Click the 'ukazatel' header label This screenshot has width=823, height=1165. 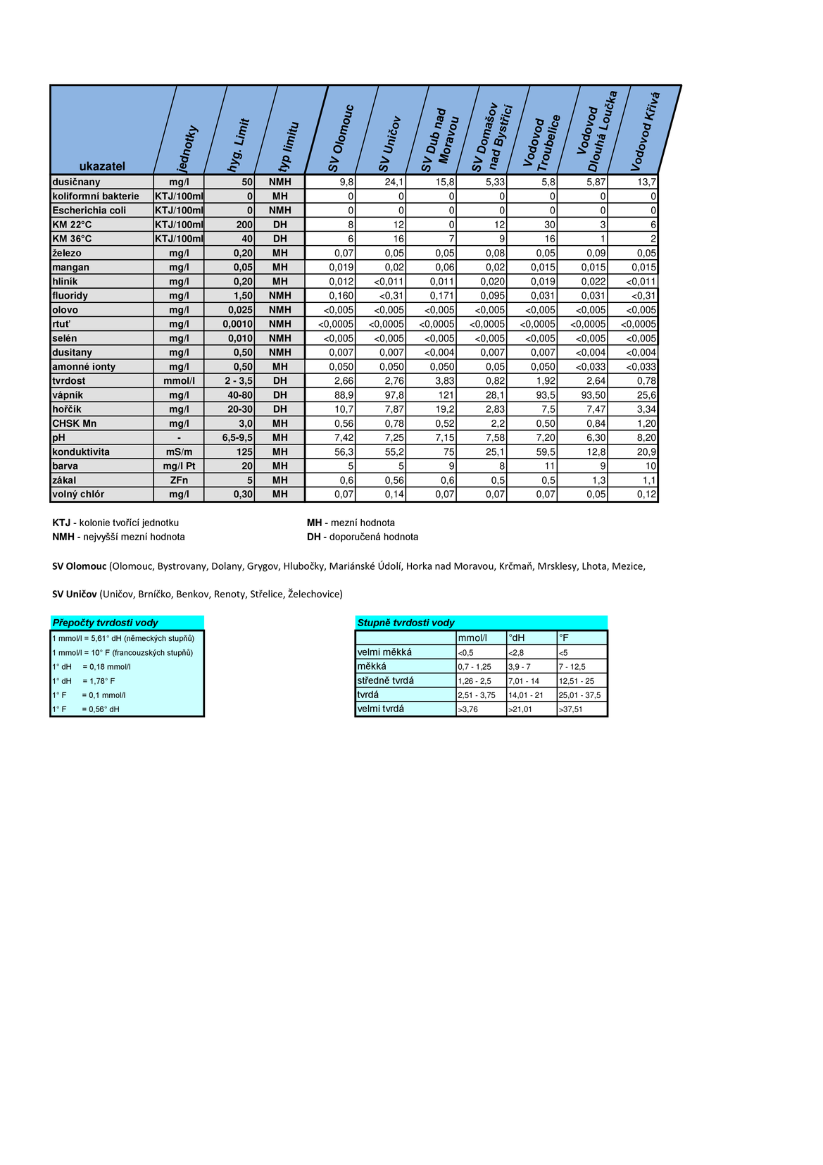click(102, 166)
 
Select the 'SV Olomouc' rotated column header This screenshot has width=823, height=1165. click(341, 139)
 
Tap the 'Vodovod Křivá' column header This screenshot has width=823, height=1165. click(646, 131)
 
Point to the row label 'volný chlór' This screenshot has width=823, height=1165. click(78, 494)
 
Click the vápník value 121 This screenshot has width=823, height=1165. click(446, 395)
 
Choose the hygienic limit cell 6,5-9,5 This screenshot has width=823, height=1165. click(237, 438)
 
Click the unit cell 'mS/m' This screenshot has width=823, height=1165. click(179, 452)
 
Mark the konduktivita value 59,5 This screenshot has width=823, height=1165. click(545, 452)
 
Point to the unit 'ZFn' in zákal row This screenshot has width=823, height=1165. click(179, 480)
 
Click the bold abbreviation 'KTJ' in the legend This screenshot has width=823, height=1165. click(61, 523)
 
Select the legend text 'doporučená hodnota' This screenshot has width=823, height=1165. click(374, 537)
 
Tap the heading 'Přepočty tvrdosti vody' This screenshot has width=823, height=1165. click(106, 623)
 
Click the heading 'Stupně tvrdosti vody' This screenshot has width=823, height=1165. click(406, 623)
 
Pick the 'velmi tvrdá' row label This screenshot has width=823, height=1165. click(381, 709)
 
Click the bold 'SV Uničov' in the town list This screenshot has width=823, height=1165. click(75, 594)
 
